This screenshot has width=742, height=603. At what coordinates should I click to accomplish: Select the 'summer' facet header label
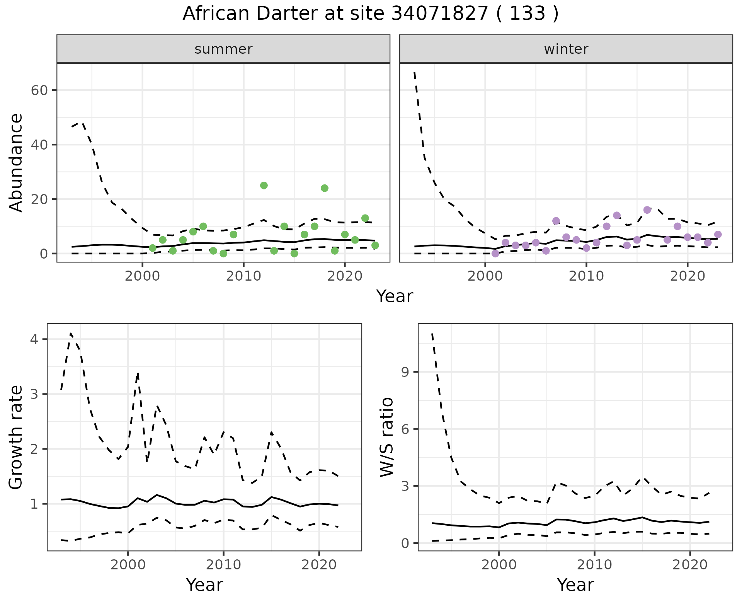pyautogui.click(x=223, y=49)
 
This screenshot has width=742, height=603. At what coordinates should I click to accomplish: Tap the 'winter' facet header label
pyautogui.click(x=566, y=49)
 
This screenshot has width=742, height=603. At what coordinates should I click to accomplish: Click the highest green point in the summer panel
pyautogui.click(x=264, y=186)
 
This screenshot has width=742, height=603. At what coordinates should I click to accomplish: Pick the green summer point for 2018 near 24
pyautogui.click(x=325, y=188)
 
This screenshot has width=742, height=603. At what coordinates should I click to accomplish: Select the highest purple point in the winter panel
pyautogui.click(x=647, y=210)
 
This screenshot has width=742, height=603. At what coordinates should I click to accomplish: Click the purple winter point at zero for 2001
pyautogui.click(x=495, y=254)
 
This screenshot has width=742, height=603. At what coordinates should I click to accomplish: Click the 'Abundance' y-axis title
pyautogui.click(x=16, y=162)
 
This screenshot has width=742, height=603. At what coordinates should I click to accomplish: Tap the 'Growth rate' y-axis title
pyautogui.click(x=16, y=437)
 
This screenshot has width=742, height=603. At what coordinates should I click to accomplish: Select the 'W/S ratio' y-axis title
pyautogui.click(x=387, y=437)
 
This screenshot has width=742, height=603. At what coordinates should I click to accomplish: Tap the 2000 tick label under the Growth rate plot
pyautogui.click(x=128, y=565)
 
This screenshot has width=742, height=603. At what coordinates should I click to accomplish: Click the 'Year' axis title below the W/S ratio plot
pyautogui.click(x=575, y=585)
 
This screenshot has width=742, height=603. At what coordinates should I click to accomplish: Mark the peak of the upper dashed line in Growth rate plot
pyautogui.click(x=71, y=333)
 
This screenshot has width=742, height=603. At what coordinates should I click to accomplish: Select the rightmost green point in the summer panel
pyautogui.click(x=375, y=245)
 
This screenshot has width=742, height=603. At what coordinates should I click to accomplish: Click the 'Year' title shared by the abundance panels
pyautogui.click(x=395, y=296)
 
